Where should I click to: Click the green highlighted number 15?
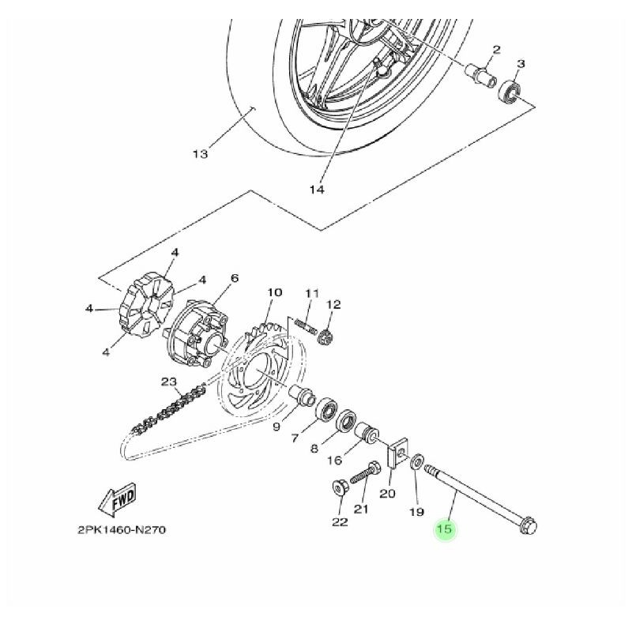tap(445, 530)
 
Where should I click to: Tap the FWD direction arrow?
tap(116, 501)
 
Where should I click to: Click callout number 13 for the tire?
tap(199, 153)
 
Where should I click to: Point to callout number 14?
tap(317, 190)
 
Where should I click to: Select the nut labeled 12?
tap(328, 337)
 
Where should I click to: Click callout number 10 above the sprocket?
tap(274, 293)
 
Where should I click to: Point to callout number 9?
tap(276, 427)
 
